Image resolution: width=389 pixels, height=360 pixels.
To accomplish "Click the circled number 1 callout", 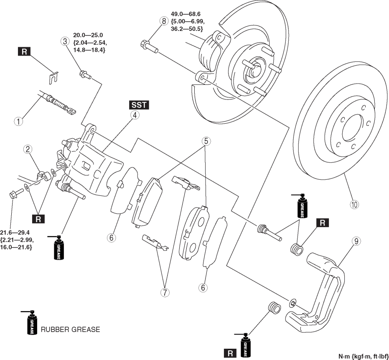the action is (x=18, y=122).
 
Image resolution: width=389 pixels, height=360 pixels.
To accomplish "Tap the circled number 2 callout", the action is (x=28, y=149).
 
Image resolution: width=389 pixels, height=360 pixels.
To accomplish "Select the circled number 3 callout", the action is (x=65, y=41).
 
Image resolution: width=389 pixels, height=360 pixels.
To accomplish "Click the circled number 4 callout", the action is (x=135, y=115).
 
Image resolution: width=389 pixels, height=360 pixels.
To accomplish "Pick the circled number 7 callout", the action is (x=165, y=292).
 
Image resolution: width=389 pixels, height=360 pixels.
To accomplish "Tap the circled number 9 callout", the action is (x=356, y=241).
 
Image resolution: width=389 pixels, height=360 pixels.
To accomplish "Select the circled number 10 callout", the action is (x=354, y=204).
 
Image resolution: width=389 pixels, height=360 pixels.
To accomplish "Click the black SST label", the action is (x=139, y=105).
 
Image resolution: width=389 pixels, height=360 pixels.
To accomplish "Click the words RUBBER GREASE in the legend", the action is (x=70, y=329).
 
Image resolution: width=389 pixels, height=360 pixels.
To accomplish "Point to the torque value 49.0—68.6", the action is (x=186, y=14).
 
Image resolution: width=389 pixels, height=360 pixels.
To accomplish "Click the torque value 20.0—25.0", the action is (x=88, y=35).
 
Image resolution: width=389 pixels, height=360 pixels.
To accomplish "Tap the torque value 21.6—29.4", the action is (x=15, y=232).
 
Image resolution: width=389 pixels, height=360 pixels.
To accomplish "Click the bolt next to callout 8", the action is (x=149, y=47).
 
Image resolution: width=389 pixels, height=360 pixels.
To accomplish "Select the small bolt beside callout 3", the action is (x=85, y=75).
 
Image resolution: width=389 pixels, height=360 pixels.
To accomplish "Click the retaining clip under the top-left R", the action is (x=53, y=78).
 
